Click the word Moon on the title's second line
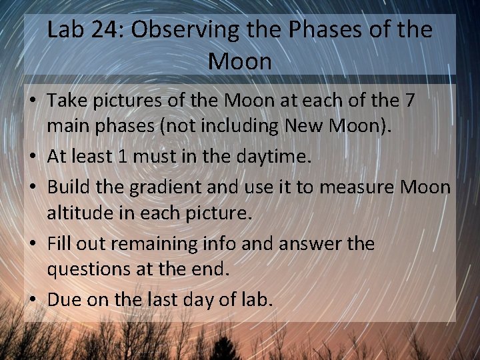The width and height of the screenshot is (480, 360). pos(240,61)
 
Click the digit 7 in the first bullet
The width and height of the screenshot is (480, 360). pos(409,101)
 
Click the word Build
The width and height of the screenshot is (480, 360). pos(69,187)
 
